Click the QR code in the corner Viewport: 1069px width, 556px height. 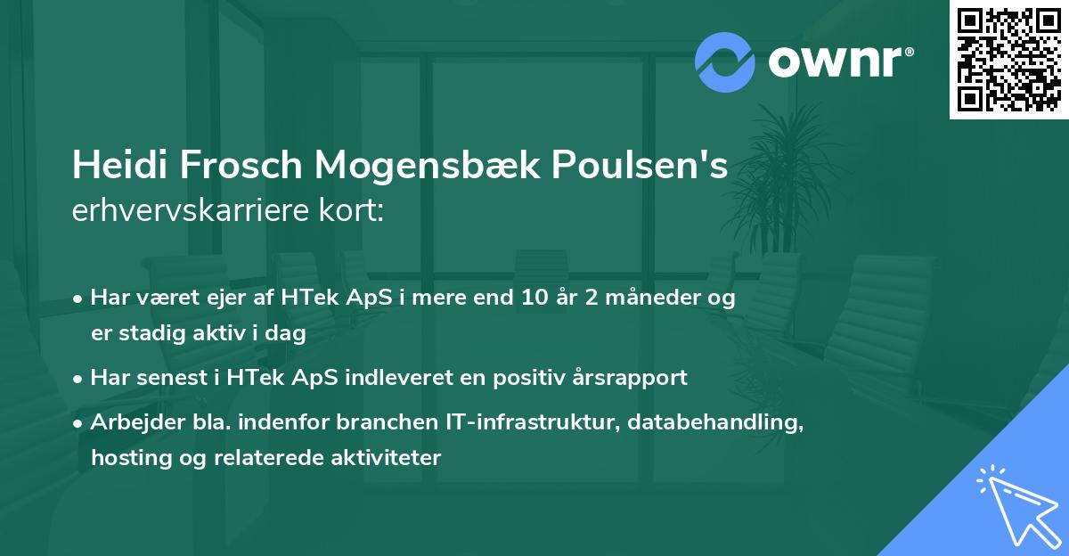[1008, 59]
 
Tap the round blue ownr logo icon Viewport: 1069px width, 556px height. [725, 62]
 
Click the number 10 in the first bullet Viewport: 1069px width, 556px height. [534, 298]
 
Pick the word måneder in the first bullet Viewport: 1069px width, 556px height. [651, 298]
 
